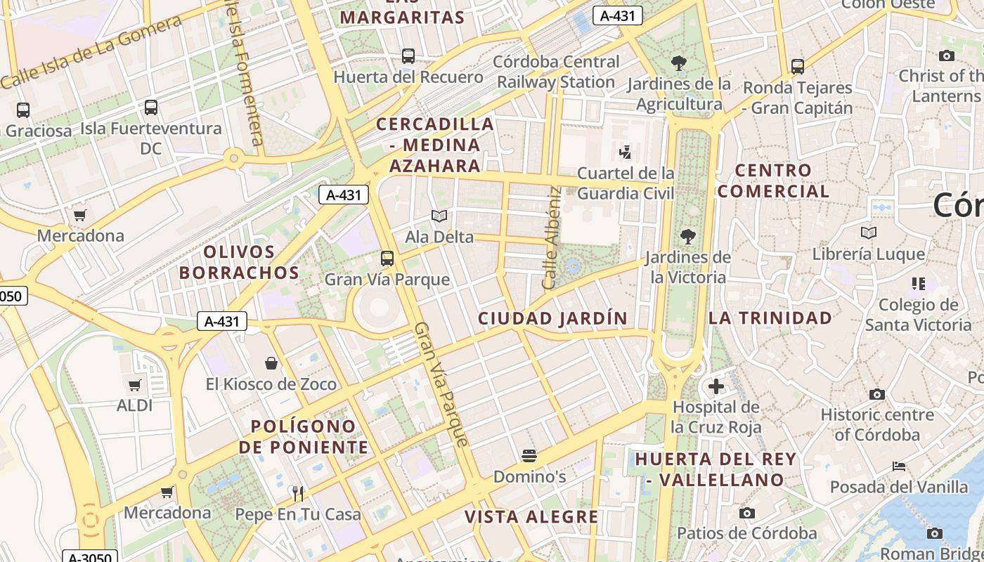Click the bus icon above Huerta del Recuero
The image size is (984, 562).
pyautogui.click(x=408, y=56)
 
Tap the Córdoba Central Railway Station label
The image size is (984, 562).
pyautogui.click(x=556, y=72)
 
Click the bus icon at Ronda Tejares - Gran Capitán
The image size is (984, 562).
pyautogui.click(x=798, y=67)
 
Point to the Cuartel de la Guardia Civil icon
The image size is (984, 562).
pyautogui.click(x=625, y=152)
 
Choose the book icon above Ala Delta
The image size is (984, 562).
pyautogui.click(x=439, y=216)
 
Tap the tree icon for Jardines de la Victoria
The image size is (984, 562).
pyautogui.click(x=687, y=237)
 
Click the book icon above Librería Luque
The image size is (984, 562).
pyautogui.click(x=869, y=233)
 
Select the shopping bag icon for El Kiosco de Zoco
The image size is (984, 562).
pyautogui.click(x=271, y=363)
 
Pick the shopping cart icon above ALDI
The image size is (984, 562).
pyautogui.click(x=135, y=385)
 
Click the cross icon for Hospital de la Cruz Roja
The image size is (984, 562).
pyautogui.click(x=716, y=386)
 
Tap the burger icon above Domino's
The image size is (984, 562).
pyautogui.click(x=529, y=456)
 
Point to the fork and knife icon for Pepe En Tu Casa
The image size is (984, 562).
pyautogui.click(x=298, y=494)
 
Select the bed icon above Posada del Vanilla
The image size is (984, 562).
pyautogui.click(x=898, y=466)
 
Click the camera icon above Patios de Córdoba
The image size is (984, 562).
pyautogui.click(x=747, y=514)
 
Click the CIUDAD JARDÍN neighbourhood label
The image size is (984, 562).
pyautogui.click(x=552, y=318)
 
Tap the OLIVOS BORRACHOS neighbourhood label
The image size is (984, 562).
pyautogui.click(x=239, y=262)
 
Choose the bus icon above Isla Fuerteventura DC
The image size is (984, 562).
pyautogui.click(x=151, y=107)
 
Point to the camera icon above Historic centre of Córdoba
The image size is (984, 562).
pyautogui.click(x=876, y=395)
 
